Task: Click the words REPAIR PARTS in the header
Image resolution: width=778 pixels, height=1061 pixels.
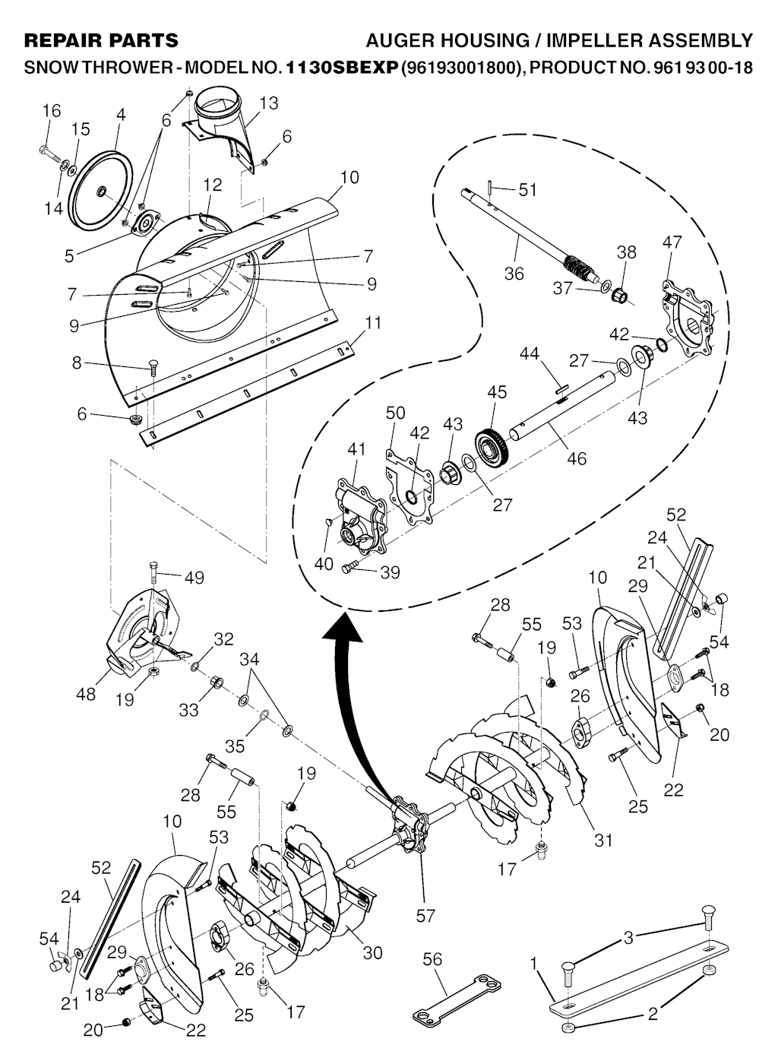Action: (101, 41)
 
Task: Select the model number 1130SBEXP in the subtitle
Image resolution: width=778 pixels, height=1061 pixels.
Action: (341, 68)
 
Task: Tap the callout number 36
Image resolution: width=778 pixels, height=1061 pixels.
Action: (514, 274)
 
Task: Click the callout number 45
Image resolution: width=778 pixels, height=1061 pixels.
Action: (497, 392)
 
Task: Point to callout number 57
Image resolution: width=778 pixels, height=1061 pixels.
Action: (425, 916)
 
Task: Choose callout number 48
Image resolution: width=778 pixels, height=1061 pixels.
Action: (86, 695)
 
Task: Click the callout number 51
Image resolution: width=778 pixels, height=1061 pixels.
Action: (527, 190)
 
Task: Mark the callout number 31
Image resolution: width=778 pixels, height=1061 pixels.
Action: (603, 840)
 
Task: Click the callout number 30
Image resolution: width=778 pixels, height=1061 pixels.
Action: (372, 952)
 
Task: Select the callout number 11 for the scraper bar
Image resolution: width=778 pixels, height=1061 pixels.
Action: (373, 322)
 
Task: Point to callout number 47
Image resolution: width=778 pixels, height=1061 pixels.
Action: (672, 242)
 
